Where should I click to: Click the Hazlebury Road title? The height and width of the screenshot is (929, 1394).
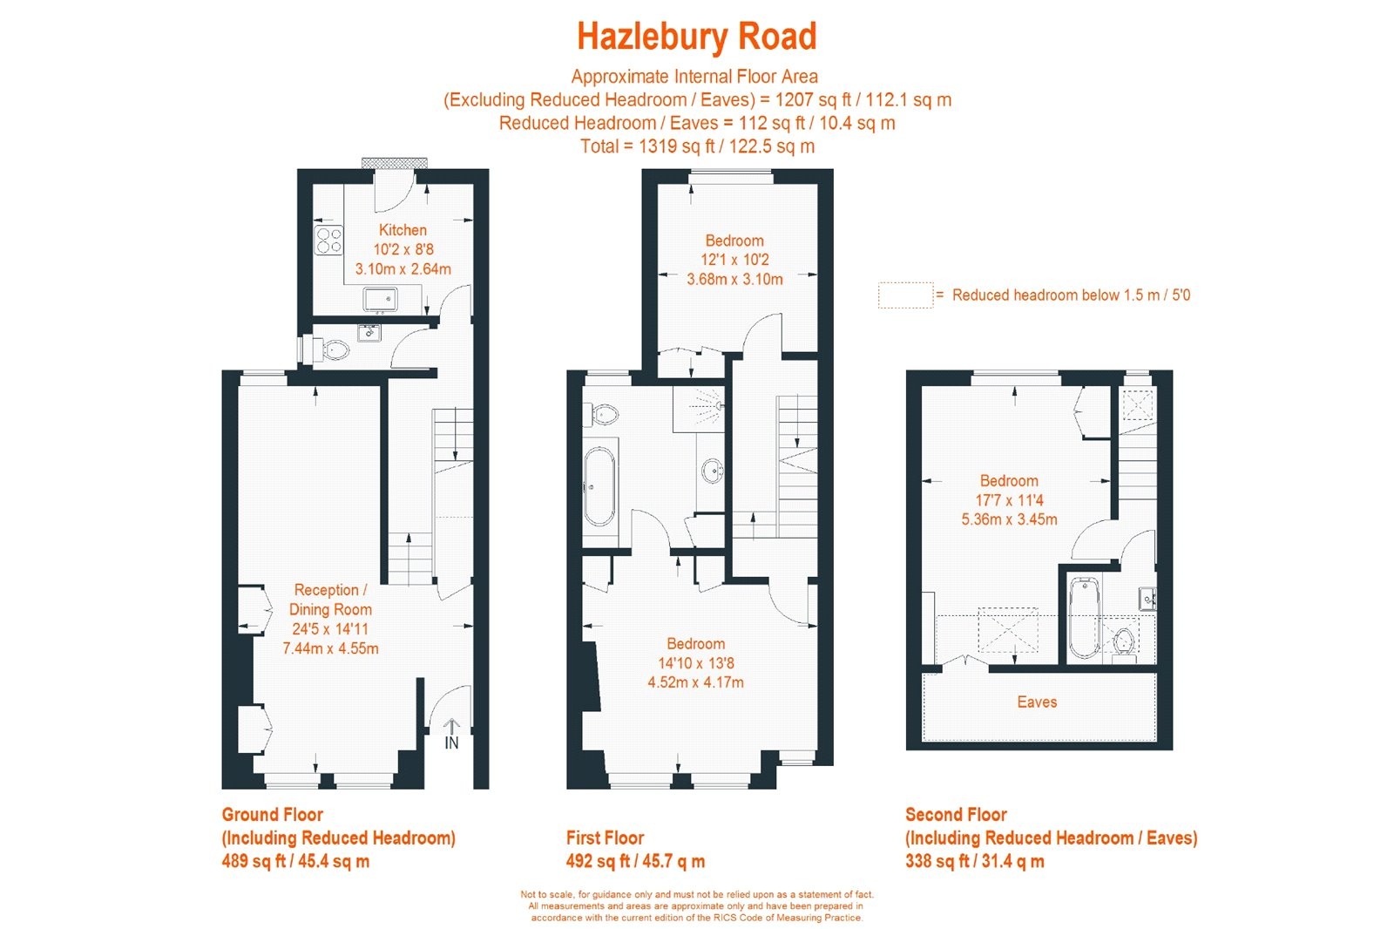click(696, 36)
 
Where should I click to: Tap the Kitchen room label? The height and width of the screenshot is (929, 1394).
click(403, 230)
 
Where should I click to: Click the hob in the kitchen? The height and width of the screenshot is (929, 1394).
click(328, 241)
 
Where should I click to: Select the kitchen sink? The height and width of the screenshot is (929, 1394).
click(380, 300)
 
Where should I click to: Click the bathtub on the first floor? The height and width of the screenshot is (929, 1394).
click(599, 485)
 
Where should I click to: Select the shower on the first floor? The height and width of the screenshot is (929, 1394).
click(699, 409)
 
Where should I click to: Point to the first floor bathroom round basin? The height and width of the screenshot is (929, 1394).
click(712, 471)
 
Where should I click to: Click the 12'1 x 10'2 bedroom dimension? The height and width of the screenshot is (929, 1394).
click(735, 260)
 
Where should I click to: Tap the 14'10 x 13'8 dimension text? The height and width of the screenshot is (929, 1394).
click(696, 663)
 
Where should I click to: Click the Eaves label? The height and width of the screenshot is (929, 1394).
click(1037, 702)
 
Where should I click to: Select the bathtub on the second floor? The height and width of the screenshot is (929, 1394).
click(1084, 618)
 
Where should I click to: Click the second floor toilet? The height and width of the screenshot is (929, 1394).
click(1124, 642)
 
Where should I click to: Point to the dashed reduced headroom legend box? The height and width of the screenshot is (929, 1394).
click(905, 295)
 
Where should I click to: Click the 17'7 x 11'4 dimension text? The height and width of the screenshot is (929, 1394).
click(1009, 500)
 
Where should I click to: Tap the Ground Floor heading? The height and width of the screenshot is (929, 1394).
click(272, 815)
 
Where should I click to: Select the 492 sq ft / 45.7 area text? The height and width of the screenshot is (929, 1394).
click(635, 861)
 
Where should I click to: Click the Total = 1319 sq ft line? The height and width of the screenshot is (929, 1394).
click(697, 146)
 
